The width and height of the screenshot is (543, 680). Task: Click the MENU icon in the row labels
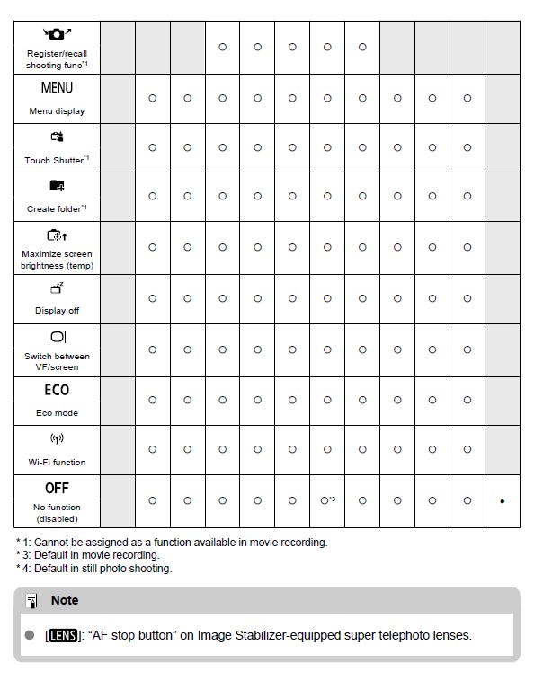[x=57, y=88]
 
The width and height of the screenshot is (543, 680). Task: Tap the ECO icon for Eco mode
[x=57, y=390]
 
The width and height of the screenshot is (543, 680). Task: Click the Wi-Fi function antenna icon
[x=57, y=439]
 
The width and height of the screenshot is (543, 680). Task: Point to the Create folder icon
[x=57, y=186]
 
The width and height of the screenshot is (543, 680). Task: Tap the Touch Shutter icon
[x=57, y=137]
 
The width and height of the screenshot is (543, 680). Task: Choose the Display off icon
[x=57, y=287]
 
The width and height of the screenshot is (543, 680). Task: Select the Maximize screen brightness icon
[x=57, y=236]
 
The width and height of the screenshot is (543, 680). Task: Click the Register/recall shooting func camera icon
[x=57, y=33]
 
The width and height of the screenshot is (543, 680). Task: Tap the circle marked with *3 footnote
[x=325, y=500]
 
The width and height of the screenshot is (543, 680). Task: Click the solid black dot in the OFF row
[x=502, y=501]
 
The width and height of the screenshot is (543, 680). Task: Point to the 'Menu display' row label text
[x=57, y=111]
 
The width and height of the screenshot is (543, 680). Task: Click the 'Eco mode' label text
[x=57, y=413]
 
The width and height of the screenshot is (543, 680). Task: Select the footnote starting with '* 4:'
[x=93, y=568]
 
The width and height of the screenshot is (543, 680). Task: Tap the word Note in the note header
[x=65, y=600]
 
